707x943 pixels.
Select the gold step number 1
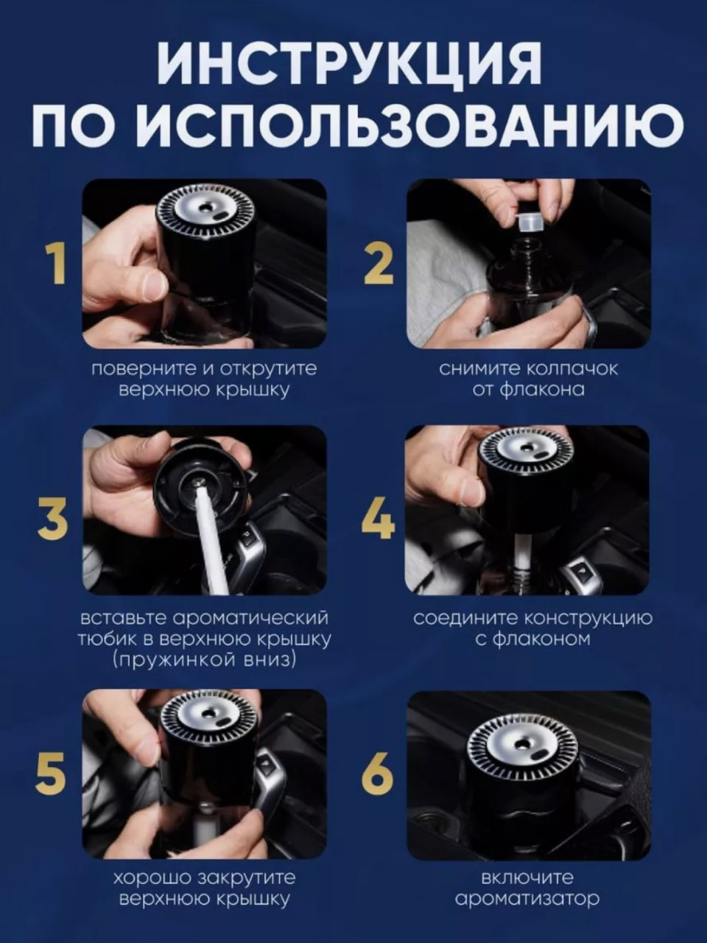click(x=56, y=263)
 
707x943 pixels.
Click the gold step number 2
click(x=379, y=263)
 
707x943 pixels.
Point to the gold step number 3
click(x=53, y=519)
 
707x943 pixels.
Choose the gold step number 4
click(x=379, y=519)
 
